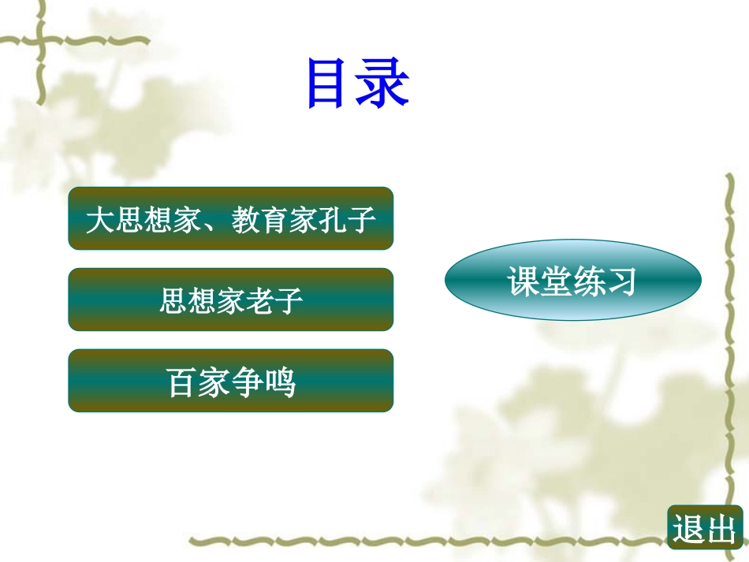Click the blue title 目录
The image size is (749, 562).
[x=358, y=83]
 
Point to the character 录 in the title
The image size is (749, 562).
[x=382, y=83]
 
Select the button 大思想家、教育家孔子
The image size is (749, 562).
[x=231, y=218]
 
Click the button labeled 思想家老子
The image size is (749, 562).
[x=231, y=300]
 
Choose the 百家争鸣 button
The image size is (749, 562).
[x=231, y=381]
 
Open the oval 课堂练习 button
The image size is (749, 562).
[x=572, y=280]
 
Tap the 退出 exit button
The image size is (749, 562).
[x=705, y=527]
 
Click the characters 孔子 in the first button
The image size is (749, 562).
[x=347, y=220]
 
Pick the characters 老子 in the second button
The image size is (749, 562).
[x=274, y=301]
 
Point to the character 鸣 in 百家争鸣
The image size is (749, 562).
[x=281, y=382]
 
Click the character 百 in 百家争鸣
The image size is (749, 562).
[x=180, y=382]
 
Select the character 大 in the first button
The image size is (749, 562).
[x=100, y=220]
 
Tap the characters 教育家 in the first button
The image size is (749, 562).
[x=274, y=220]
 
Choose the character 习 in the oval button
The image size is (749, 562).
[x=621, y=281]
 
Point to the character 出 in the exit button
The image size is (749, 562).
[x=721, y=529]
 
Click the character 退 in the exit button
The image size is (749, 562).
[x=688, y=529]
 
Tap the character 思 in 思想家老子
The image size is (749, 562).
[x=173, y=301]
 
